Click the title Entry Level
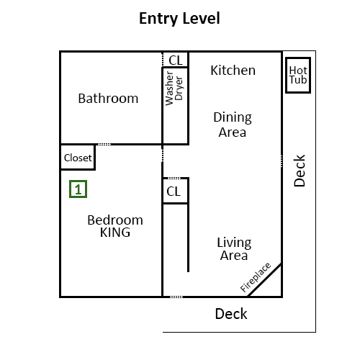click(179, 19)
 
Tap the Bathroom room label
click(108, 99)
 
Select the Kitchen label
click(233, 71)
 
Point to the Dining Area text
click(233, 125)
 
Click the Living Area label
click(234, 249)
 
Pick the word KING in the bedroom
click(115, 233)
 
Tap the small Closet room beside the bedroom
click(78, 157)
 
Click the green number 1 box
click(78, 189)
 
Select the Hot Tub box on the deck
click(298, 75)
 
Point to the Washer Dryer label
click(174, 89)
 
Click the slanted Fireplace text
click(256, 277)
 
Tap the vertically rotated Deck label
click(300, 171)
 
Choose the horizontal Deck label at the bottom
click(231, 314)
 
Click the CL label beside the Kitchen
click(176, 60)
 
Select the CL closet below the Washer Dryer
click(175, 191)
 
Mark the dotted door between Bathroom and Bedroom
click(104, 144)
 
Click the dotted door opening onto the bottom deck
click(176, 297)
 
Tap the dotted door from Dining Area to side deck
click(282, 161)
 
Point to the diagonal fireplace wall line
click(264, 280)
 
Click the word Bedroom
click(115, 220)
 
